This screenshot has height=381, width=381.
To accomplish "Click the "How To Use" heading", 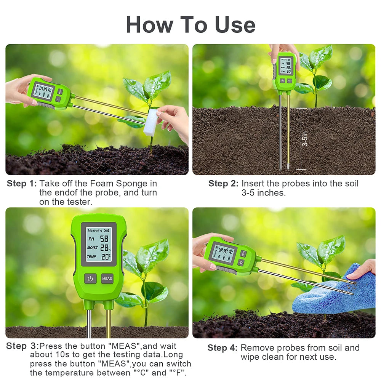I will pos(190,25).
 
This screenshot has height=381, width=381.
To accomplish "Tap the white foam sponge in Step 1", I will pos(150,122).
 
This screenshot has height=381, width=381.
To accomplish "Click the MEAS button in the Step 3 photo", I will pos(107,279).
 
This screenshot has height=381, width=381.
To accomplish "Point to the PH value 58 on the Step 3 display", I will pos(104,239).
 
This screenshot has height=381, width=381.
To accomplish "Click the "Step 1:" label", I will pos(22,184).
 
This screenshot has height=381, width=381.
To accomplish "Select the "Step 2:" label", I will pos(223,184).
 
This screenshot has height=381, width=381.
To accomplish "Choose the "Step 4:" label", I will pos(223,348).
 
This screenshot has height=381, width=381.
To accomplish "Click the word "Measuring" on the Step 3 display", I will pos(95,231).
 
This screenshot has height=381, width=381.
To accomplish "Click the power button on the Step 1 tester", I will pos(58,99).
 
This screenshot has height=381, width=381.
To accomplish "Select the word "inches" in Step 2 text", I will pos(272,193).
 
